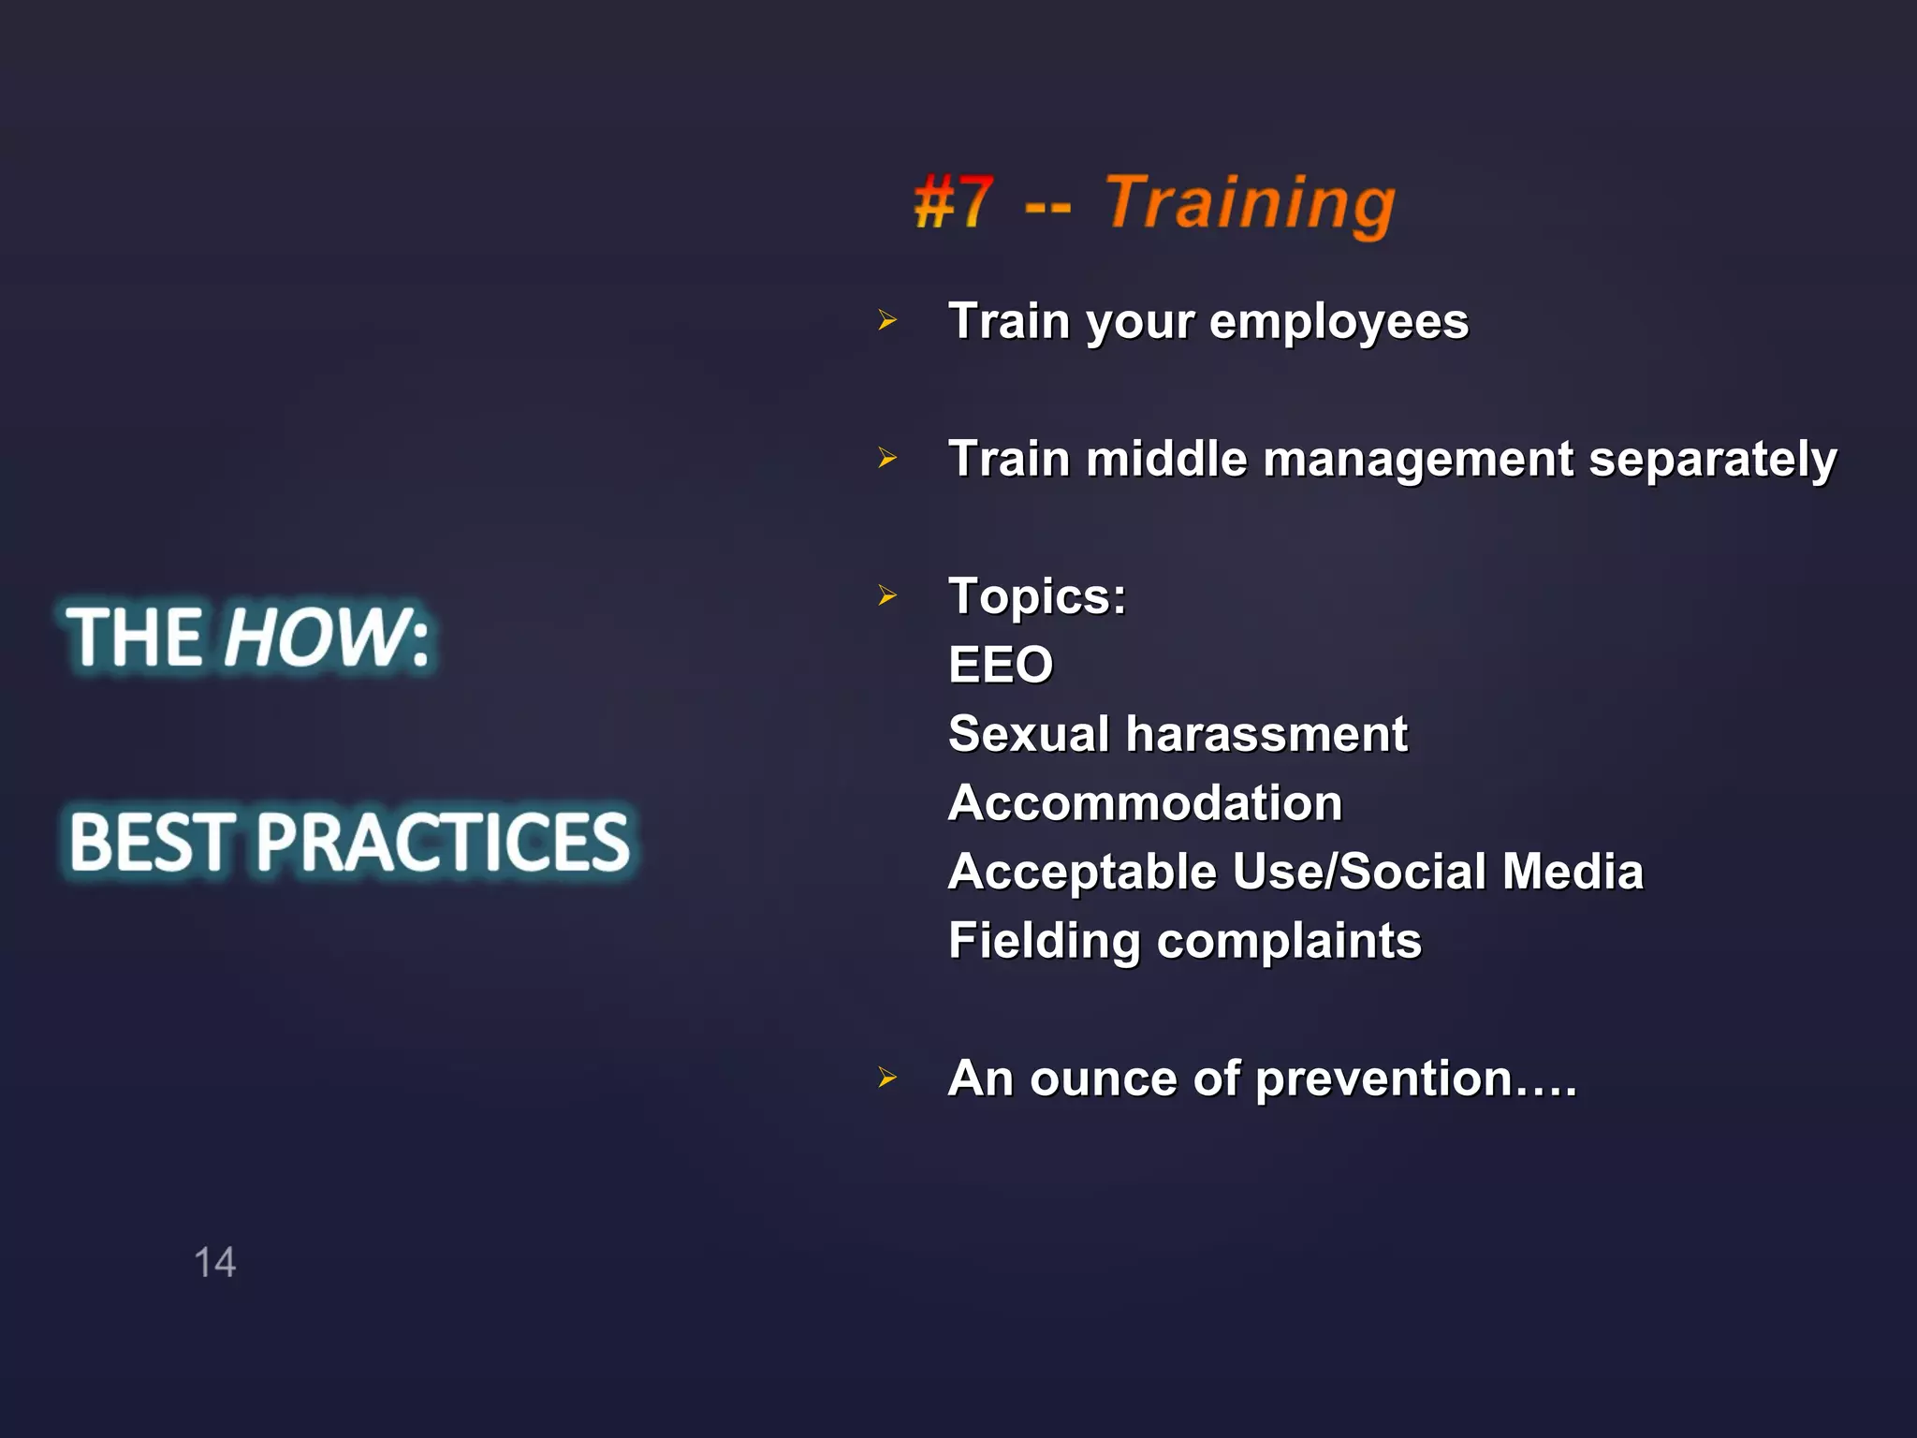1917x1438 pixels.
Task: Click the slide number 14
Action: tap(214, 1262)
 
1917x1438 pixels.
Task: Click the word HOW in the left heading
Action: tap(314, 638)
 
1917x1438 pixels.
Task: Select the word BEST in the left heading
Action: tap(150, 841)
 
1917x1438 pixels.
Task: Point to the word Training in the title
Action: tap(1250, 203)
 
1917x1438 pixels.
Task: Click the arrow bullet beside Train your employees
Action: tap(887, 321)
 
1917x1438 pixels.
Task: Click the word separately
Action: tap(1712, 459)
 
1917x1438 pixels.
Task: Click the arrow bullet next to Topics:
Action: tap(887, 595)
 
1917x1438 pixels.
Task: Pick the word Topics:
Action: tap(1037, 596)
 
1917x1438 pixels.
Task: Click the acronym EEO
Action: tap(1001, 665)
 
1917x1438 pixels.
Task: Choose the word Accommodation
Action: tap(1145, 802)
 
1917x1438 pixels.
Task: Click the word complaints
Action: tap(1289, 941)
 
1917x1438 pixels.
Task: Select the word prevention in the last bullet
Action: tap(1383, 1078)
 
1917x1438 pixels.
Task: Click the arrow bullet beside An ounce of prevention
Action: tap(887, 1078)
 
